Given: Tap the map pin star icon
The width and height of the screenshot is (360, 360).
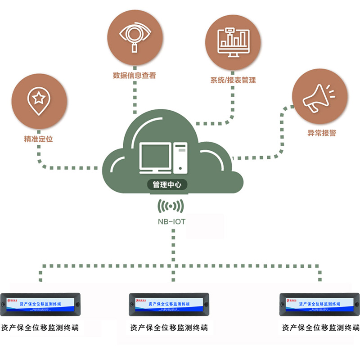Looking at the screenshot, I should pyautogui.click(x=39, y=100).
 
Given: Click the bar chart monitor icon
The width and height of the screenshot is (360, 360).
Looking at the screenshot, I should pyautogui.click(x=233, y=43).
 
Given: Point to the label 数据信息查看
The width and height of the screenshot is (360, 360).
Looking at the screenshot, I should pyautogui.click(x=135, y=76).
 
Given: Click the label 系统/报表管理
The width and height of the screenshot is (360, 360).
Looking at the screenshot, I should pyautogui.click(x=233, y=80).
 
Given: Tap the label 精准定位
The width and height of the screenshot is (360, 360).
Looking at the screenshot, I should pyautogui.click(x=39, y=139).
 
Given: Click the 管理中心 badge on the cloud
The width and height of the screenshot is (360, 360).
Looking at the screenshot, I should pyautogui.click(x=167, y=184).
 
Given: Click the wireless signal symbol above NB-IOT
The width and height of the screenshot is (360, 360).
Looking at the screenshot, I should pyautogui.click(x=170, y=207).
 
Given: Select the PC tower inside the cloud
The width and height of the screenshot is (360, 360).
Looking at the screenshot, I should pyautogui.click(x=180, y=157).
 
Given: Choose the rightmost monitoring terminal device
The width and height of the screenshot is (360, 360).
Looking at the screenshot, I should pyautogui.click(x=319, y=304).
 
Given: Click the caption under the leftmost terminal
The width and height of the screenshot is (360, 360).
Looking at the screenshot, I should pyautogui.click(x=40, y=328).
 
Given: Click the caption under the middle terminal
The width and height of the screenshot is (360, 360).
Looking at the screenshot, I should pyautogui.click(x=169, y=328).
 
